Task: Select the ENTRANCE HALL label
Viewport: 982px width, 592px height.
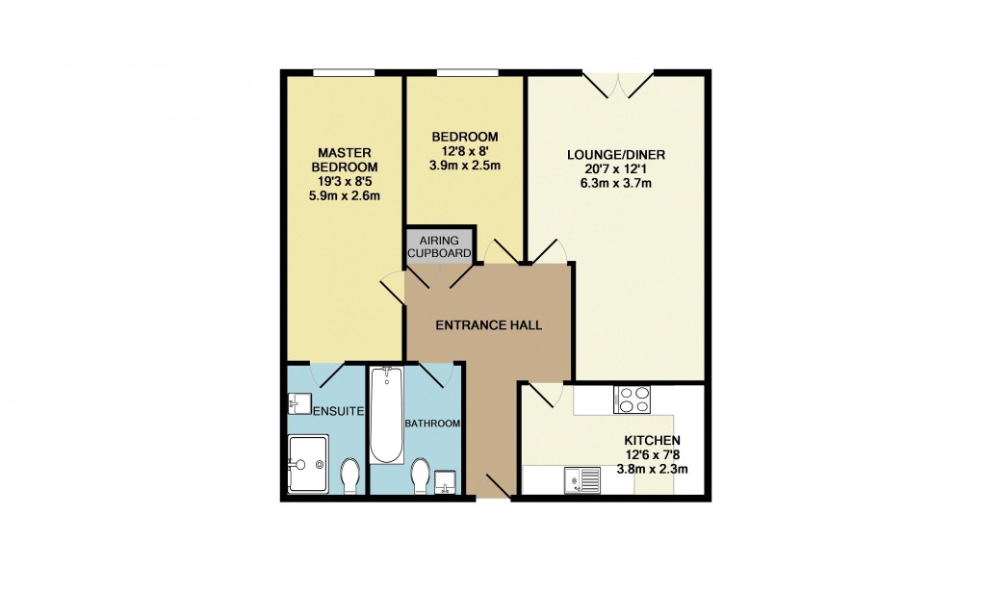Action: click(489, 325)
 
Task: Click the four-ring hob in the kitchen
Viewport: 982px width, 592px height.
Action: click(631, 399)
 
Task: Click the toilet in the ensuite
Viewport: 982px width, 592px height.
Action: click(350, 475)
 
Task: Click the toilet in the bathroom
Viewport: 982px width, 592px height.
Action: click(420, 475)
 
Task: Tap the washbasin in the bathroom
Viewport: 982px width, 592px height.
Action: click(446, 481)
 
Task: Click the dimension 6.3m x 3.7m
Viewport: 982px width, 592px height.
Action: click(616, 184)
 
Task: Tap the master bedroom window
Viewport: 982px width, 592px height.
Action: click(344, 72)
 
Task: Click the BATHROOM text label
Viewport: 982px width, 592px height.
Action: click(432, 424)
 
